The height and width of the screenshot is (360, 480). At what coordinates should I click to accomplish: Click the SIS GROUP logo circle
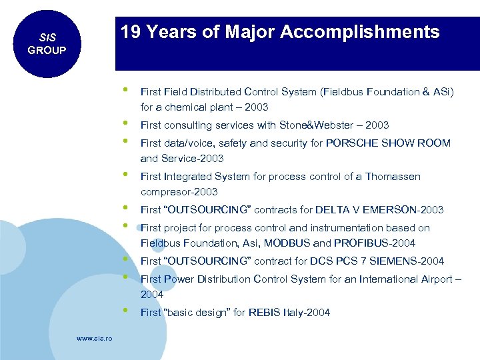pyautogui.click(x=46, y=43)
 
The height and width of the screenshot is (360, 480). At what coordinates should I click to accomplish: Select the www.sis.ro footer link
pyautogui.click(x=94, y=339)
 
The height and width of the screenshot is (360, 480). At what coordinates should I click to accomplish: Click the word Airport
pyautogui.click(x=431, y=279)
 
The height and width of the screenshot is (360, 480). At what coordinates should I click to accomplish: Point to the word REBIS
pyautogui.click(x=265, y=313)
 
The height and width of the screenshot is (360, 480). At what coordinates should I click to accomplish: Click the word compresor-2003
pyautogui.click(x=179, y=192)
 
